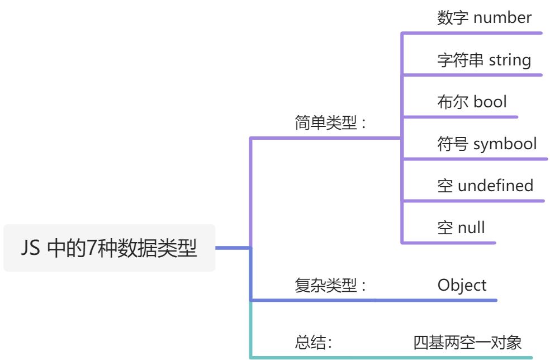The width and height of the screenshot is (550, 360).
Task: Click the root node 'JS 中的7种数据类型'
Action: pos(109,248)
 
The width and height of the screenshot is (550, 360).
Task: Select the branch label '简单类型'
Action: pos(325,123)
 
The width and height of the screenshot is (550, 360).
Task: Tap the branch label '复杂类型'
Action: pos(325,286)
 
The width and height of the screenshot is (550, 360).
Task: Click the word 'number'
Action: pos(502,18)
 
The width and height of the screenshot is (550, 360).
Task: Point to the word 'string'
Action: pos(510,60)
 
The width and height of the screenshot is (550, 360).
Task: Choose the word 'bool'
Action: pos(490,102)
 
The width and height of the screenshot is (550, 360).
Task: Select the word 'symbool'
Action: pos(505,144)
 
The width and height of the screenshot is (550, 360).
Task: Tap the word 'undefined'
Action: pos(495,186)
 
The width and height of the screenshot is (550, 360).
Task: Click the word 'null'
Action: pos(471,228)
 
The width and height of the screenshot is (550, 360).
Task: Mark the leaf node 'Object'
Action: pos(462,285)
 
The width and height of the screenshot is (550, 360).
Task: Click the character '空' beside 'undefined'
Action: pos(445,186)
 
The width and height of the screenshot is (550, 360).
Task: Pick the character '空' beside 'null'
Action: pos(445,228)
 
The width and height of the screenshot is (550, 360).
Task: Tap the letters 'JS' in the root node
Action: pos(31,248)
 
